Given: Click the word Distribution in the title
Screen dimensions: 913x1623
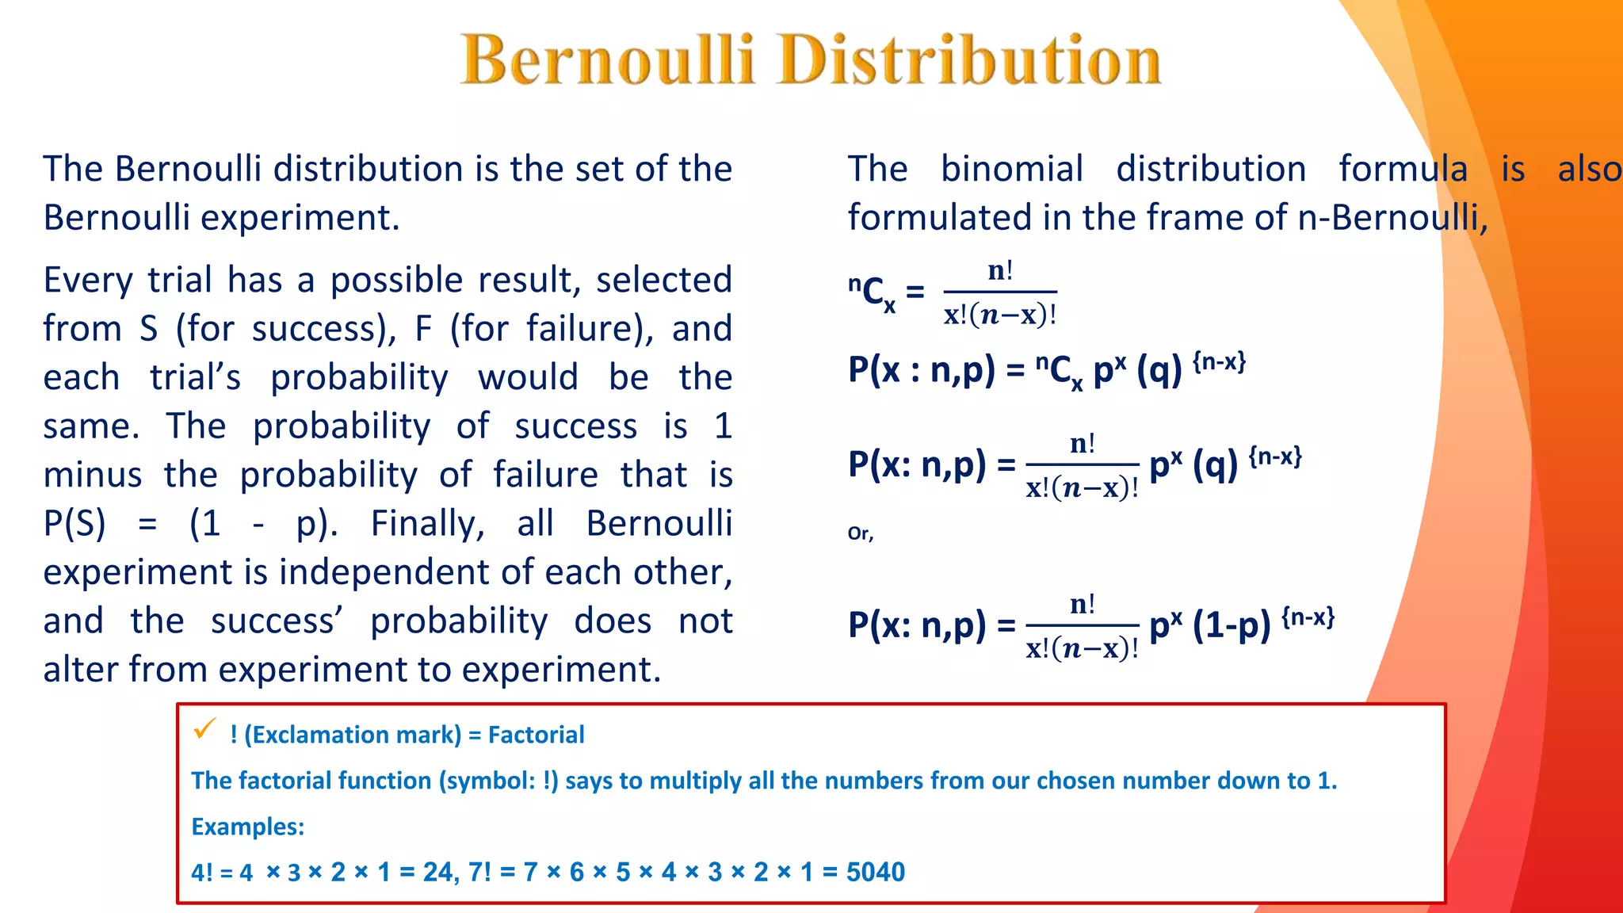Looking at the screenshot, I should (x=970, y=59).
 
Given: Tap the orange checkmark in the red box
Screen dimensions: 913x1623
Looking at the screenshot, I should (x=204, y=728).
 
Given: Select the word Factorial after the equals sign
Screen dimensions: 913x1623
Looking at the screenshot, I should (x=536, y=735).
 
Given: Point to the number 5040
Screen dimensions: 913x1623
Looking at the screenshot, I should (x=875, y=872).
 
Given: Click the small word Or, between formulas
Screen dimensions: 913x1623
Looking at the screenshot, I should (x=860, y=533).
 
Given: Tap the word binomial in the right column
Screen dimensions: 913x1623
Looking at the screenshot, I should (x=1011, y=169).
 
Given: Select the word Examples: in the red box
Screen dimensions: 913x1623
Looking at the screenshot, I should (x=248, y=827).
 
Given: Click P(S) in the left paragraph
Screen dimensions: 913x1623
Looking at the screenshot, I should (x=74, y=523).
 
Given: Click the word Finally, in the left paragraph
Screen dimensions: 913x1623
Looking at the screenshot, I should (x=427, y=523).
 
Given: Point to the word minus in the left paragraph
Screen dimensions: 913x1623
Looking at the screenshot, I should (x=93, y=475).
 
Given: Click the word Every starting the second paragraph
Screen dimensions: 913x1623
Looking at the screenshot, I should (x=89, y=280).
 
